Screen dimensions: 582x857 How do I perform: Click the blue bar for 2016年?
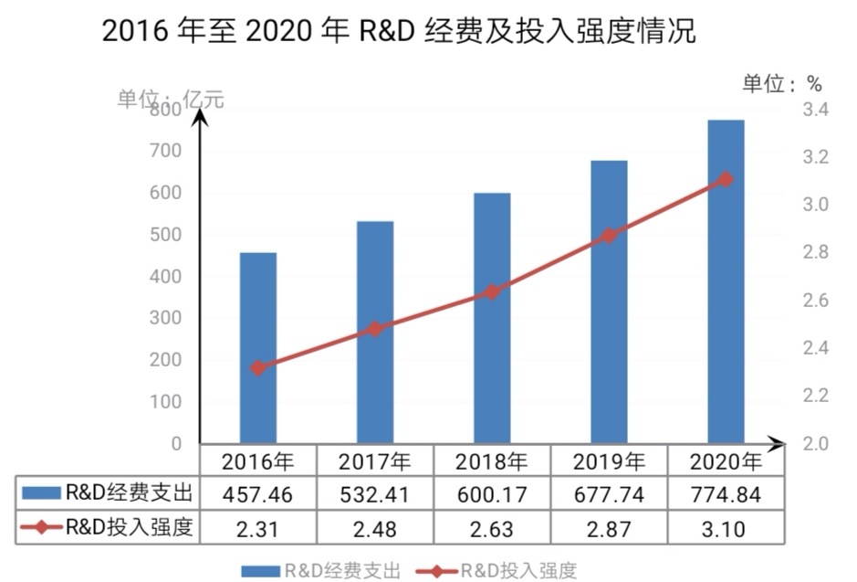(257, 347)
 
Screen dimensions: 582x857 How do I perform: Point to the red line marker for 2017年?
(374, 329)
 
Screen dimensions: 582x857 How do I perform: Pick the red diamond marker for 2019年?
(609, 236)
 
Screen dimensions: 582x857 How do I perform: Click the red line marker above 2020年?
(726, 179)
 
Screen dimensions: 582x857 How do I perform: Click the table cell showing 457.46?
(258, 495)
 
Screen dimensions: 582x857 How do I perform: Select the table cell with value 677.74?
(610, 495)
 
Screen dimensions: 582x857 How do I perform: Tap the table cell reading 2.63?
(492, 529)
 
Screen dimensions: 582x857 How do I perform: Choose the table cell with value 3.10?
(726, 529)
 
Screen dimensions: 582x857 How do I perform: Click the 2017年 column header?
(374, 460)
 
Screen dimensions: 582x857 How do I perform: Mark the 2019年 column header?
(610, 460)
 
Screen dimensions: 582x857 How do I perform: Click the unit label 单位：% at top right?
(782, 84)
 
